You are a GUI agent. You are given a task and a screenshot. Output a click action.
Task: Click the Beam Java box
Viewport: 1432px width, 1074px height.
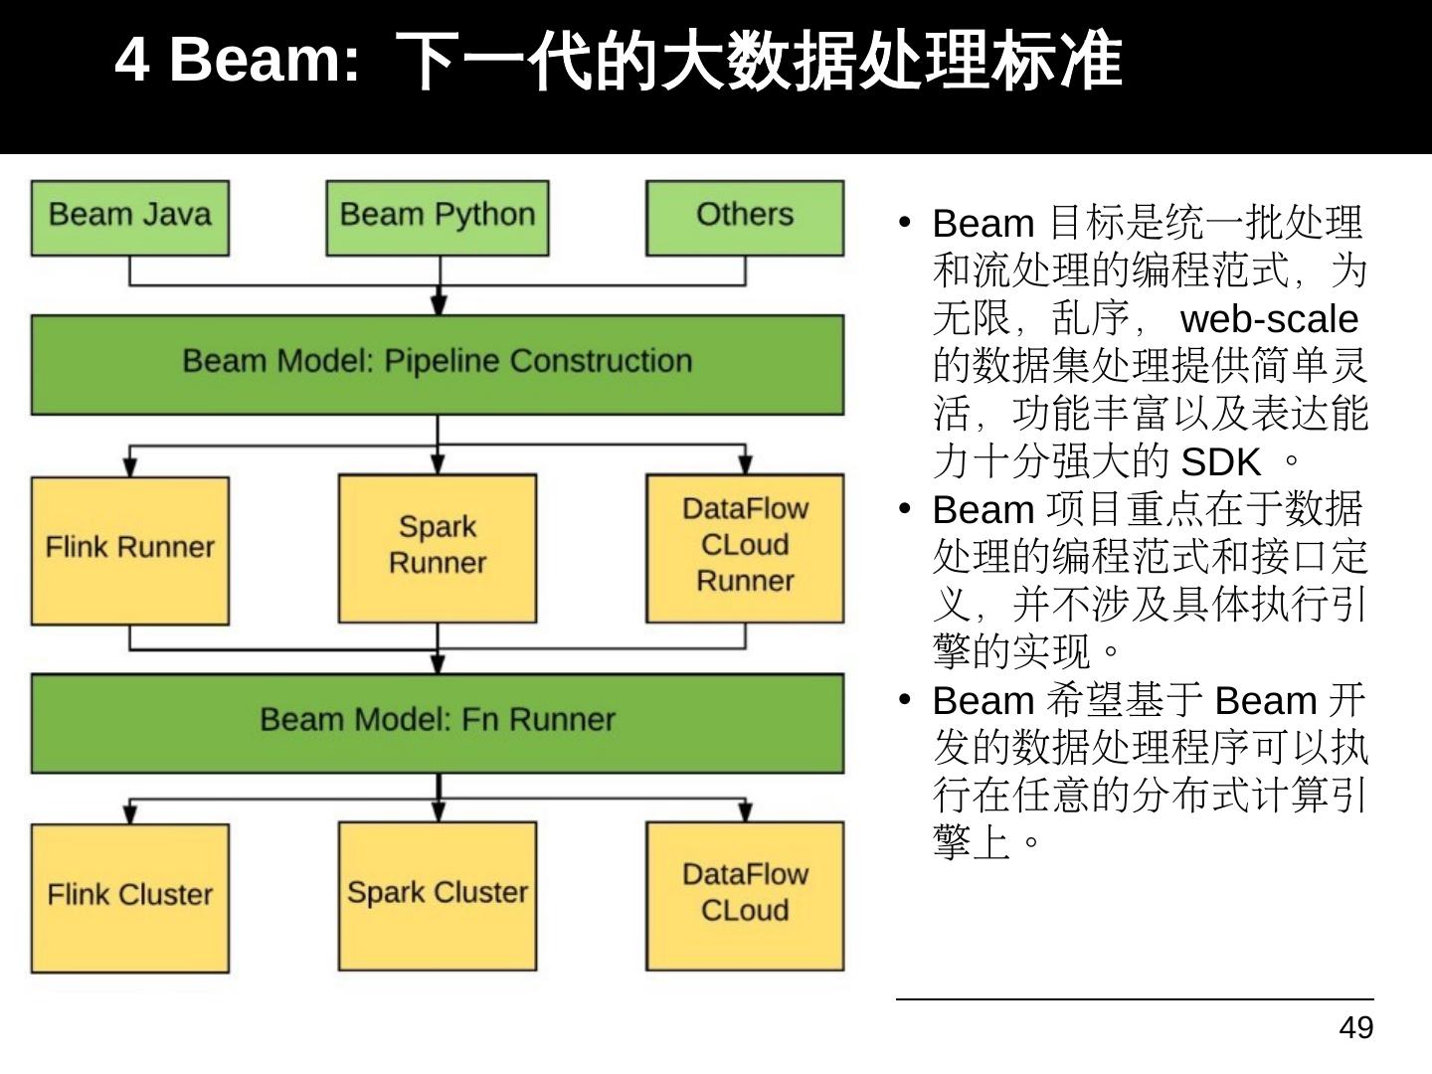(x=130, y=218)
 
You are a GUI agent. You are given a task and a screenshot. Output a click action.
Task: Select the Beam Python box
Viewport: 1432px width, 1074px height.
(x=438, y=218)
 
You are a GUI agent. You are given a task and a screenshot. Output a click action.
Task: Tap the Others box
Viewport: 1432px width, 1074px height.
(x=745, y=218)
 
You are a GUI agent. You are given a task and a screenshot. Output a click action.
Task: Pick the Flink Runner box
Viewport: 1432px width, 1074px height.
(x=130, y=550)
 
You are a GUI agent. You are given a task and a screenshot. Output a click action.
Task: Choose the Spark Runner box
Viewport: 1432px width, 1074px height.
(x=438, y=548)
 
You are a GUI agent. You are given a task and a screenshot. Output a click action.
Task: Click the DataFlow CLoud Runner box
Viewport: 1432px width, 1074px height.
(x=745, y=548)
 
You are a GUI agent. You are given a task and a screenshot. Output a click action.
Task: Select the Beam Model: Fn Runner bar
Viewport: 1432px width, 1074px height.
(x=438, y=722)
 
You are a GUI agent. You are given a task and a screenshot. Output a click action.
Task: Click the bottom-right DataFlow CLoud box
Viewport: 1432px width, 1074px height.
(x=745, y=895)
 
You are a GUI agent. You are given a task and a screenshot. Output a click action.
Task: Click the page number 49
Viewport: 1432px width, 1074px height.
(x=1356, y=1027)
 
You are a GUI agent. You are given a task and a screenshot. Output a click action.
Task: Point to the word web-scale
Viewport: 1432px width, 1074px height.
(x=1269, y=319)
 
